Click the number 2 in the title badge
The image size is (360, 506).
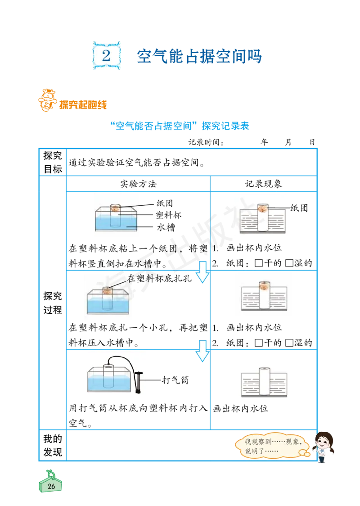tap(106, 56)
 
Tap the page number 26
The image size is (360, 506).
tap(51, 486)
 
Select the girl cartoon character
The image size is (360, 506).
tap(324, 446)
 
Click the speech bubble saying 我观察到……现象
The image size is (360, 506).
tap(273, 446)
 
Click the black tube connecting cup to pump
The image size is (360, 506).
tap(126, 360)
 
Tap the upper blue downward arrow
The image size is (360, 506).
tap(202, 271)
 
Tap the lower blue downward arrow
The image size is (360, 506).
tap(202, 350)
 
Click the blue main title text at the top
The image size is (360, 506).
tap(199, 56)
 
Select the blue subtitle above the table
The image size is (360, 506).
tap(180, 126)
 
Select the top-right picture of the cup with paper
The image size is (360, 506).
tap(259, 216)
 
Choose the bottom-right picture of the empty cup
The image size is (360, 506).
tap(264, 383)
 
